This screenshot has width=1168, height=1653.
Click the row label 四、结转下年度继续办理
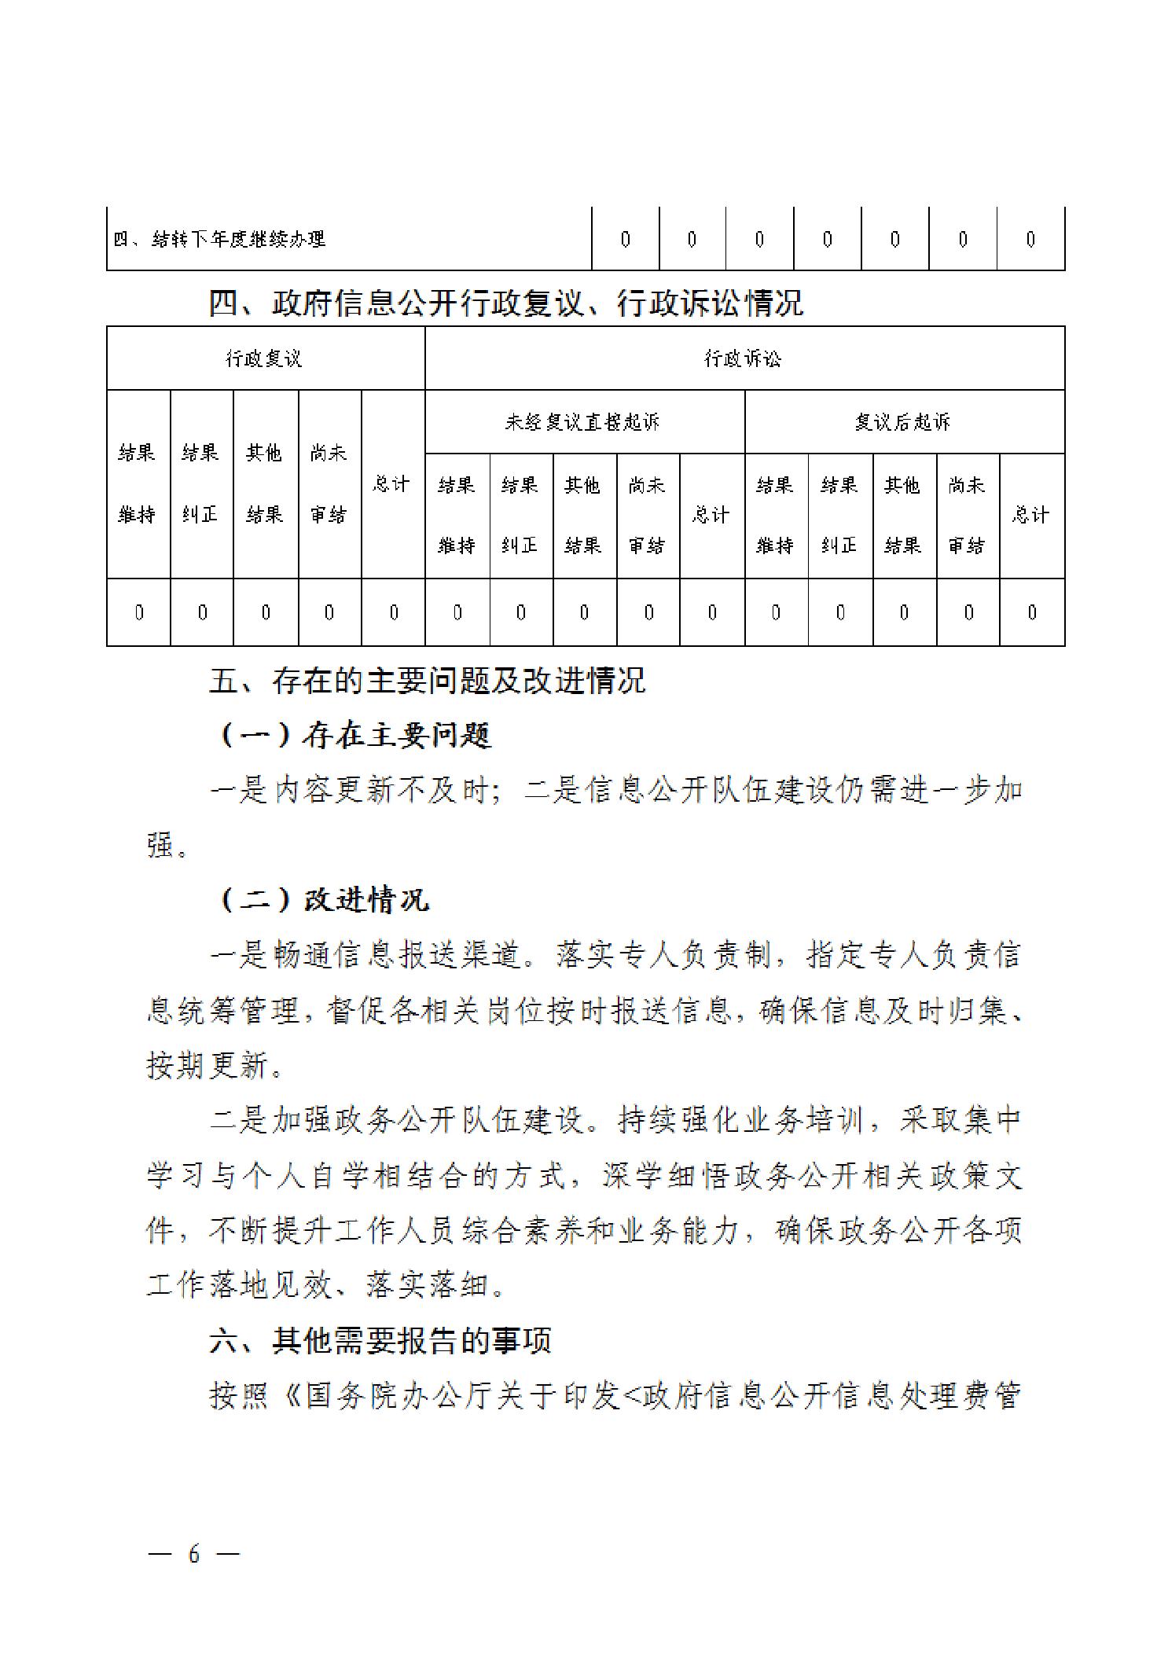tap(219, 239)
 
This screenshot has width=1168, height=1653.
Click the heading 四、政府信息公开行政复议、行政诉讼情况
tap(505, 303)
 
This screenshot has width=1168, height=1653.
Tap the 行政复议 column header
tap(264, 359)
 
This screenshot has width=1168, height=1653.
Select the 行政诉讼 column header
tap(743, 359)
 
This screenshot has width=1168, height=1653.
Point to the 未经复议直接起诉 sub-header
tap(582, 422)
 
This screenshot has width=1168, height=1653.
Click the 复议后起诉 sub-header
tap(903, 422)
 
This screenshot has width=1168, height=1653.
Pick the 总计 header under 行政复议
tap(391, 483)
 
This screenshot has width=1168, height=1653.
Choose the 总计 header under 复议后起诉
tap(1030, 515)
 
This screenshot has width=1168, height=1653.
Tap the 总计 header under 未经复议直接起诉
tap(711, 515)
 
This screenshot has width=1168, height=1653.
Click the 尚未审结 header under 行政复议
tap(329, 483)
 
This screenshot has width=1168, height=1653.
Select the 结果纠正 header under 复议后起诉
tap(839, 515)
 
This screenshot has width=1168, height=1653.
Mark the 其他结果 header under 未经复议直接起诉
tap(583, 515)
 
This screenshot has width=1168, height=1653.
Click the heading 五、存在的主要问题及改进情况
tap(427, 680)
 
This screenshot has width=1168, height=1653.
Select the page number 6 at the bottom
tap(194, 1554)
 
